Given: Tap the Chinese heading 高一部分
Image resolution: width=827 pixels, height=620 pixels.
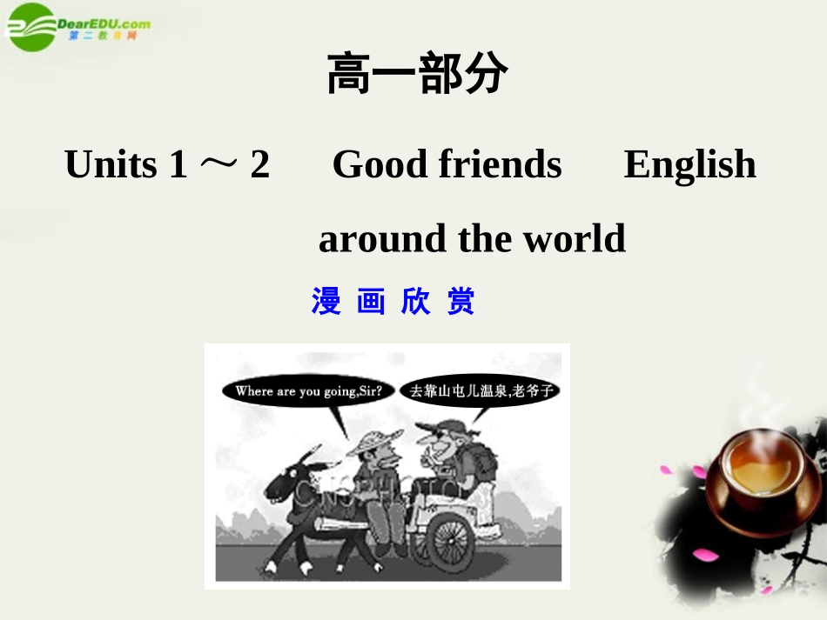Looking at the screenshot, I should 417,75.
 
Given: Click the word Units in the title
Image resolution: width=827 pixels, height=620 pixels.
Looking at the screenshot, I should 111,164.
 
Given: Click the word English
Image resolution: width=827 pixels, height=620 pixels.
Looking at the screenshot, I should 689,165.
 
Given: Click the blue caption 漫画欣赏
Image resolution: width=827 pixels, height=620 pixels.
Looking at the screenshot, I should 393,302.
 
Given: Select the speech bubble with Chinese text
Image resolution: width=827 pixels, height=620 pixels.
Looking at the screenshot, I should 481,391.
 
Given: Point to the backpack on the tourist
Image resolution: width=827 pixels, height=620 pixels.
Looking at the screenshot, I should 481,460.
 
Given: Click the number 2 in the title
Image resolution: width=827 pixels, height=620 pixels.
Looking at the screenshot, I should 259,164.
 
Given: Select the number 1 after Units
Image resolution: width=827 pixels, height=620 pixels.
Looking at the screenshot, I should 178,164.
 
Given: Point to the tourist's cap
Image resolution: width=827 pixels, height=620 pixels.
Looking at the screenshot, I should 440,427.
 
